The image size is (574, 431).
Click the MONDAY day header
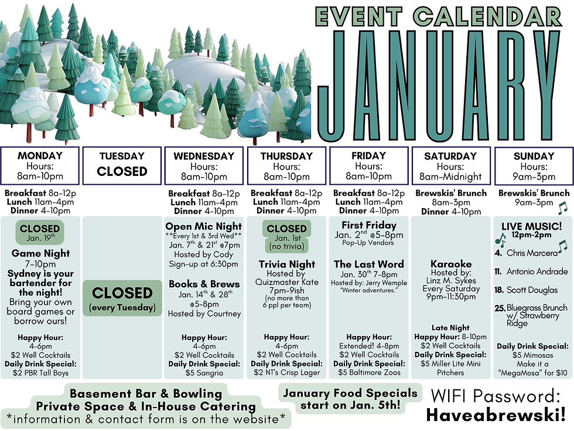[x=40, y=156]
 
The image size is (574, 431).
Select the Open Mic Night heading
[x=203, y=226]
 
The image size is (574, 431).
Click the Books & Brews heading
[x=203, y=284]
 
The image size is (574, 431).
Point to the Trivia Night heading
[x=286, y=264]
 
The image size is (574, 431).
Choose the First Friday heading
[x=368, y=225]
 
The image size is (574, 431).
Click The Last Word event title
[x=368, y=264]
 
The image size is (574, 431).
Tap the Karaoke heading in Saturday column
[x=450, y=264]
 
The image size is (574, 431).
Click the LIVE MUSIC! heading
[x=532, y=226]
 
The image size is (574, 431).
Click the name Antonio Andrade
[x=537, y=272]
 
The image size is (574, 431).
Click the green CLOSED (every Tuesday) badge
[x=122, y=297]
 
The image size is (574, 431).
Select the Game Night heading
[x=40, y=253]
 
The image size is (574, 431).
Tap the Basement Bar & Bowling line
[x=146, y=393]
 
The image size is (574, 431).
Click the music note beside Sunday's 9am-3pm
[x=562, y=207]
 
